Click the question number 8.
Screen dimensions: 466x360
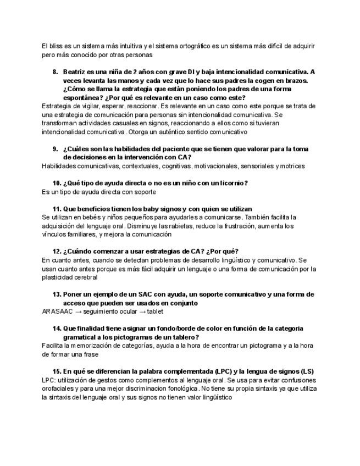click(56, 72)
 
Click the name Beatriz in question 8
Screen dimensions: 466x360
click(75, 72)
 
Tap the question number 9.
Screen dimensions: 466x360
click(56, 149)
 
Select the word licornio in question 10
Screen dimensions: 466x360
click(234, 183)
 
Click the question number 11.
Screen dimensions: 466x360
click(57, 209)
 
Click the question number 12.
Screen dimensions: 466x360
click(57, 252)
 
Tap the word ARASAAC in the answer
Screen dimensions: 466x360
click(57, 312)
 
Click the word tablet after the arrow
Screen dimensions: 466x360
click(155, 312)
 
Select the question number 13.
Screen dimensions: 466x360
click(57, 295)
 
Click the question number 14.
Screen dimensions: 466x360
click(57, 329)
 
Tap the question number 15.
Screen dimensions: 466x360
click(57, 371)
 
